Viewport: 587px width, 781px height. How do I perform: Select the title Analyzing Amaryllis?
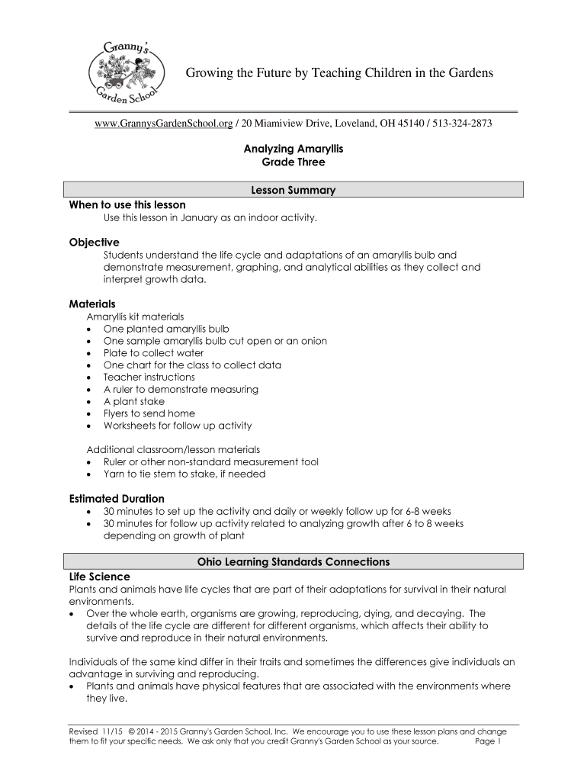pyautogui.click(x=293, y=149)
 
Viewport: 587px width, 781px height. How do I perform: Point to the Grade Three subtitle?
pyautogui.click(x=293, y=162)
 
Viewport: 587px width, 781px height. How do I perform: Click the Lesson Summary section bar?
pyautogui.click(x=293, y=191)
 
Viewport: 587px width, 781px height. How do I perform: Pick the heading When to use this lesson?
pyautogui.click(x=127, y=204)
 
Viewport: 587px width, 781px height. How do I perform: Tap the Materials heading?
pyautogui.click(x=92, y=304)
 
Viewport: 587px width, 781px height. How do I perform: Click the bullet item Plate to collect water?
pyautogui.click(x=153, y=353)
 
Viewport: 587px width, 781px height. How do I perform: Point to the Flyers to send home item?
pyautogui.click(x=149, y=413)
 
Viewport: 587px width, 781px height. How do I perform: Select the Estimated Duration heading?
pyautogui.click(x=117, y=499)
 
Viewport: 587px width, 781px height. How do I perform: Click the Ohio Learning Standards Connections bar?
pyautogui.click(x=293, y=562)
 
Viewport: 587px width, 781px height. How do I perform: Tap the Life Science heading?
pyautogui.click(x=100, y=577)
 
